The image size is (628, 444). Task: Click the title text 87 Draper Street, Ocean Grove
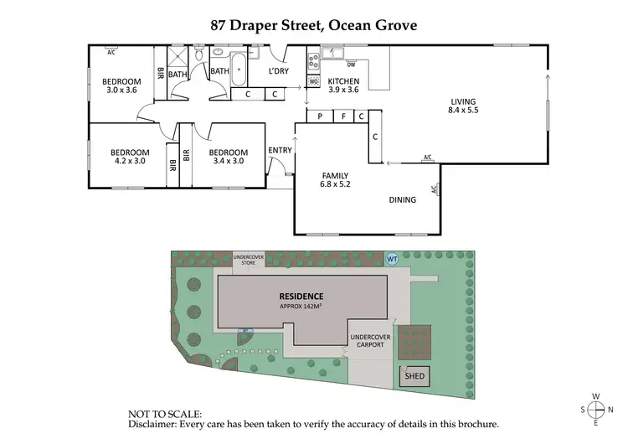click(313, 25)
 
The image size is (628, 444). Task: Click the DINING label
click(404, 200)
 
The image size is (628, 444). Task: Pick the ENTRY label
click(280, 151)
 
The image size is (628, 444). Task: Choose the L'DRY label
click(278, 71)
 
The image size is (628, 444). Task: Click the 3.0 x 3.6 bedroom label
click(121, 86)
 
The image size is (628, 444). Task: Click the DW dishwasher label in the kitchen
click(352, 65)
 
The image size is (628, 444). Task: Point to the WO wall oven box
click(314, 81)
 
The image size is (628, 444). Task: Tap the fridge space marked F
click(343, 116)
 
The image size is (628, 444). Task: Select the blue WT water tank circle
click(392, 259)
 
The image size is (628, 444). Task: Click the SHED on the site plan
click(415, 376)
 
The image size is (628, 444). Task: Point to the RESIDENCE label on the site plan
click(300, 297)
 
